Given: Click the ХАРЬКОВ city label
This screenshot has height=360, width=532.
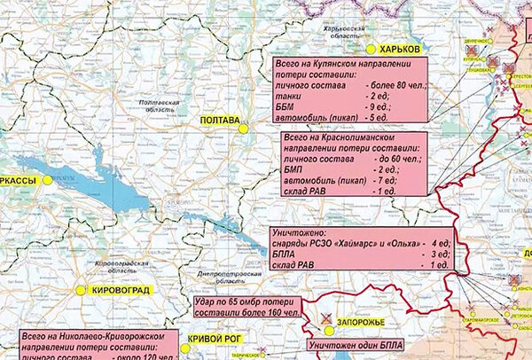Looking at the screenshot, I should pyautogui.click(x=400, y=48).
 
